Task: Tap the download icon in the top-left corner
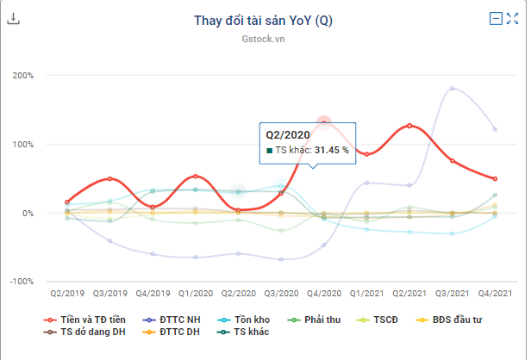13,18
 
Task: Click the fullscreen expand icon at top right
512,18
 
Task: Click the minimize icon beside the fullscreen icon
496,18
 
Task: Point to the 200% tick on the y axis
22,75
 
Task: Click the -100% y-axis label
21,282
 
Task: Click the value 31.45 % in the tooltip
331,150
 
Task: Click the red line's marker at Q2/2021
409,126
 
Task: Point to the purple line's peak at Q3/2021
452,89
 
